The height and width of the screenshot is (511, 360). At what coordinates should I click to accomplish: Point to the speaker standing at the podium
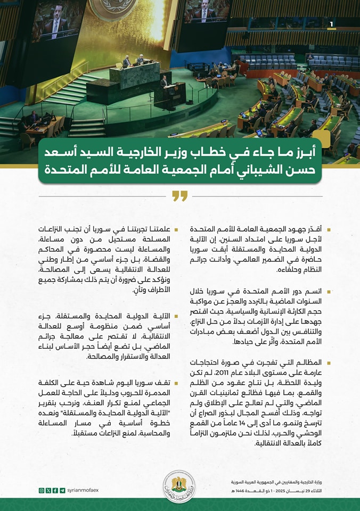pyautogui.click(x=164, y=81)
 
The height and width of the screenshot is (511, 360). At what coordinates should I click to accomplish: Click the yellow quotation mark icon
pyautogui.click(x=180, y=196)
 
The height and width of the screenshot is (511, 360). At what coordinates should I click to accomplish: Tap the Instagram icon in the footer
pyautogui.click(x=42, y=490)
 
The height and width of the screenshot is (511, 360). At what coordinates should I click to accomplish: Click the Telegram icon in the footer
pyautogui.click(x=62, y=490)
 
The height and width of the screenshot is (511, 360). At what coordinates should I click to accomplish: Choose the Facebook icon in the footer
pyautogui.click(x=55, y=490)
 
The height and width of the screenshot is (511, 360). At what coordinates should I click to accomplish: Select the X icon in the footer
pyautogui.click(x=48, y=490)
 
